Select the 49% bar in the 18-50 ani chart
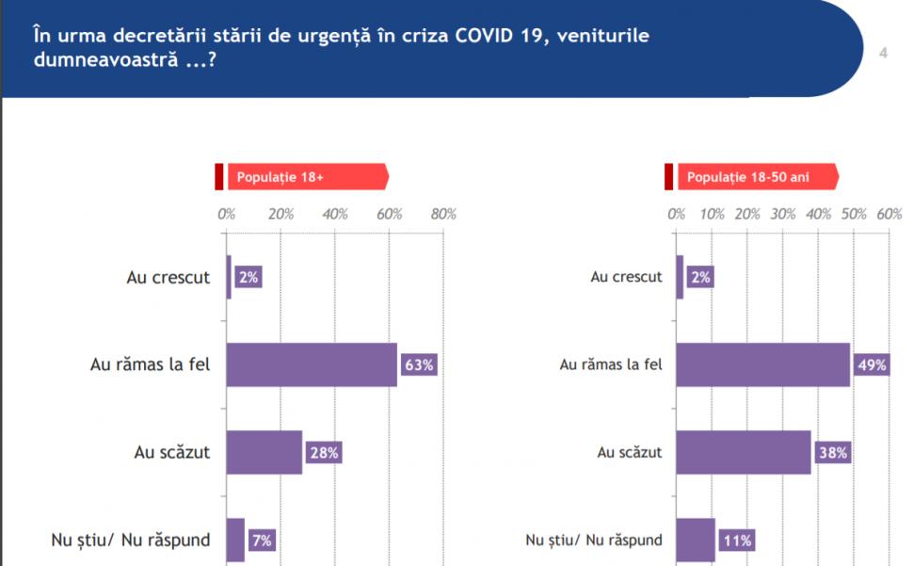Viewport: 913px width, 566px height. pyautogui.click(x=762, y=365)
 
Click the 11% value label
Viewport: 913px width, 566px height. pyautogui.click(x=737, y=541)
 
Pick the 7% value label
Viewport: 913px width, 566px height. pyautogui.click(x=262, y=541)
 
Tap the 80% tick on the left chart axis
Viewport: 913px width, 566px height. pyautogui.click(x=443, y=214)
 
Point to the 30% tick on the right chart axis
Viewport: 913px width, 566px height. pyautogui.click(x=783, y=214)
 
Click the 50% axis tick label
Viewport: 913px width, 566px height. pyautogui.click(x=854, y=214)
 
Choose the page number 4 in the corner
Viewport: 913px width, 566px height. pyautogui.click(x=883, y=53)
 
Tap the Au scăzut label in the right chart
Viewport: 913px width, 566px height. pyautogui.click(x=630, y=453)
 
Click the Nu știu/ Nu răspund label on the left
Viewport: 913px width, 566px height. pyautogui.click(x=130, y=541)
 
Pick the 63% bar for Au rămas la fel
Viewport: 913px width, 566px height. pyautogui.click(x=311, y=365)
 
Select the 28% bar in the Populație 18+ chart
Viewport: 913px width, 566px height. pyautogui.click(x=264, y=453)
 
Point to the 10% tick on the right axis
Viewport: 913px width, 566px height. pyautogui.click(x=712, y=214)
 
